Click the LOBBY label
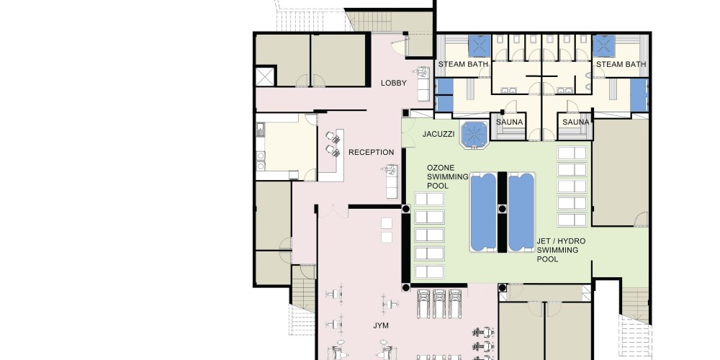coord(394,83)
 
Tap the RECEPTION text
coord(371,152)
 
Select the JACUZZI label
coord(438,134)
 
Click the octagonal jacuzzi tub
coord(474,135)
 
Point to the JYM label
coord(381,325)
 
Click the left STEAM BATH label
coord(463,64)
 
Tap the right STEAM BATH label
coord(621,64)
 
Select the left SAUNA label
coord(510,122)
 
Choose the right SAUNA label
coord(576,122)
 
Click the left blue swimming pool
coord(484,212)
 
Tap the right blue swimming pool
coord(521,212)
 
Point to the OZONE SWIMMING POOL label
coord(448,177)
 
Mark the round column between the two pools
coord(503,209)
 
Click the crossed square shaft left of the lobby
coord(265,76)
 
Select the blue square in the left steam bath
coord(480,46)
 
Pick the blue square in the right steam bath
coord(604,46)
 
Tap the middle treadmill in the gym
coord(439,304)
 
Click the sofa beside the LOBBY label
coord(424,84)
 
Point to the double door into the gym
coord(333,212)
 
